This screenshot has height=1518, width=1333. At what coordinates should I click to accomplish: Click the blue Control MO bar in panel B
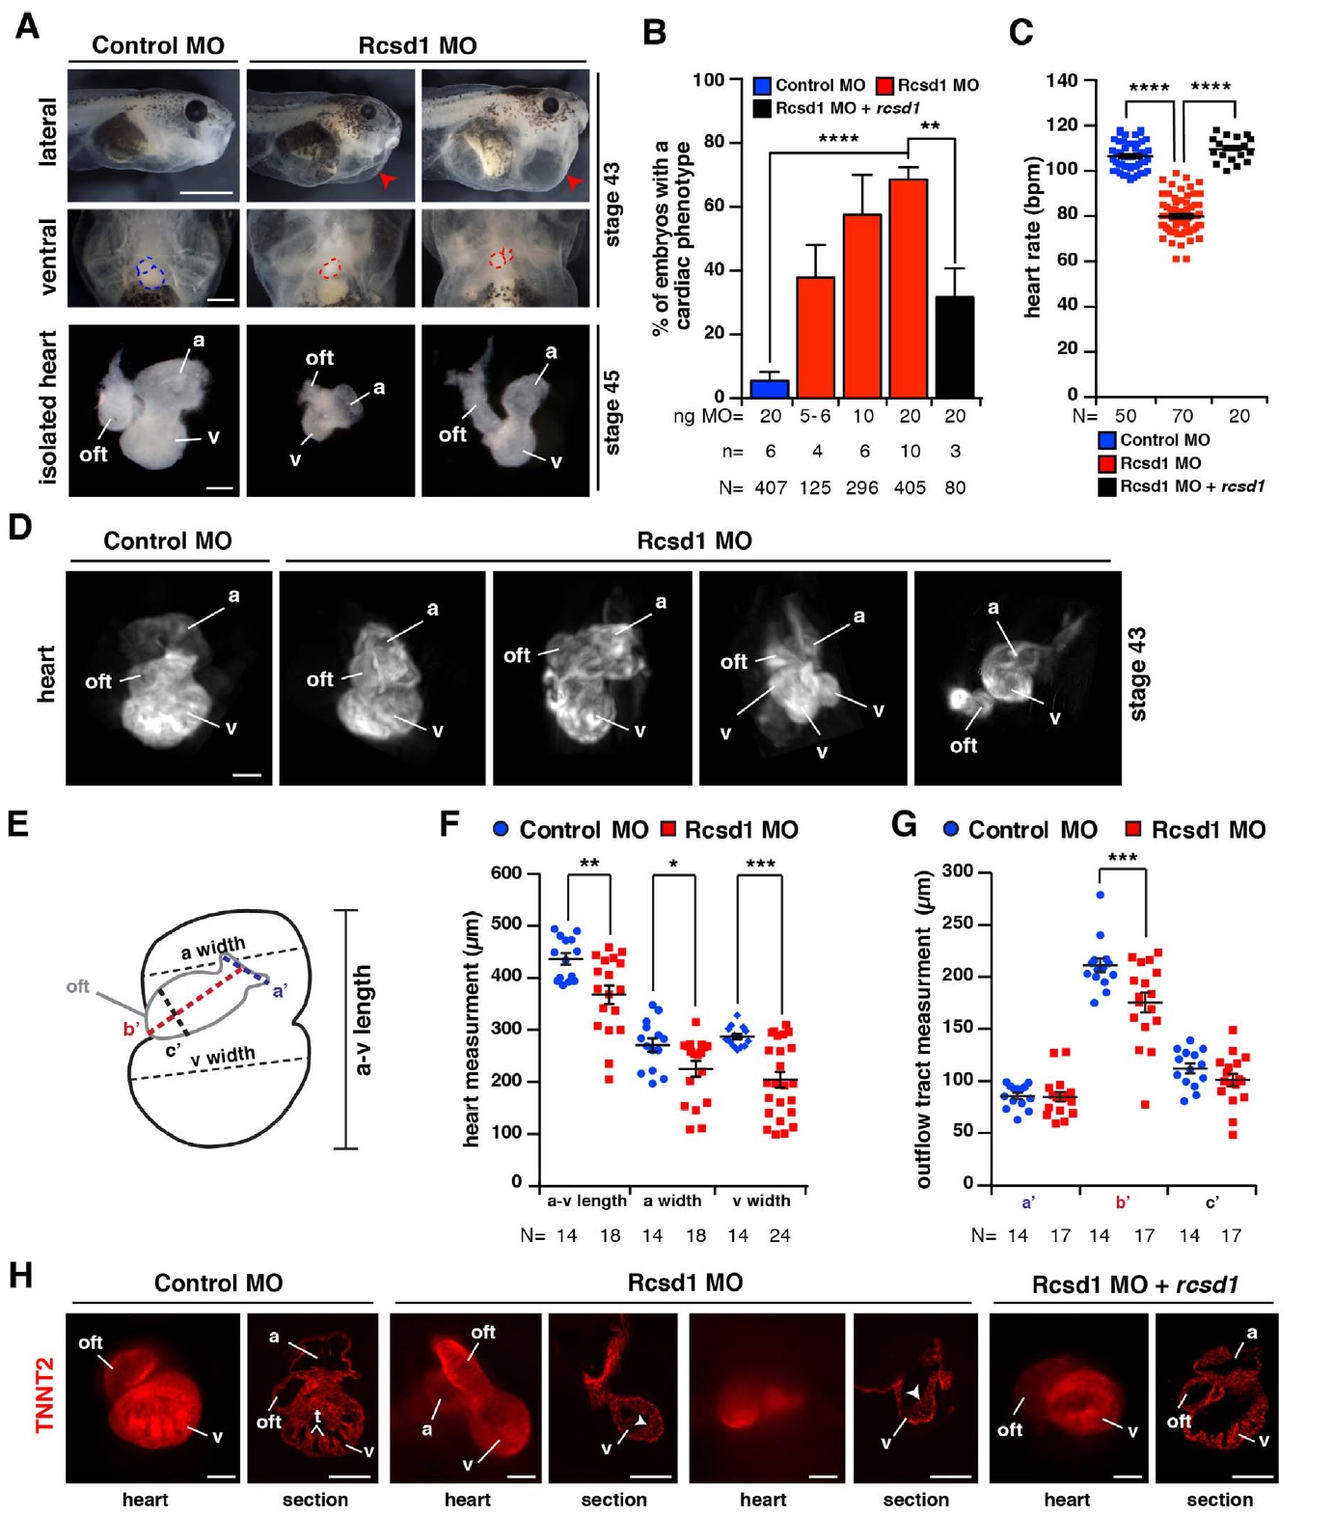click(769, 388)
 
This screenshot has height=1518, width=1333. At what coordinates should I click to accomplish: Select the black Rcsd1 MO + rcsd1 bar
click(954, 346)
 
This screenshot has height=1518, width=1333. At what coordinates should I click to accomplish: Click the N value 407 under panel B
click(771, 488)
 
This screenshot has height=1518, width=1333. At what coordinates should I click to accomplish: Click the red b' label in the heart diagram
click(131, 1029)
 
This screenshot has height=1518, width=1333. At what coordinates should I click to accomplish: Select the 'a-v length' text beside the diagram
click(363, 1020)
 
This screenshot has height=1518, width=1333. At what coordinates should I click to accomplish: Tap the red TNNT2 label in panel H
click(44, 1394)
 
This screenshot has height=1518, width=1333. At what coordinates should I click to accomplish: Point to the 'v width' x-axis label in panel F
click(761, 1201)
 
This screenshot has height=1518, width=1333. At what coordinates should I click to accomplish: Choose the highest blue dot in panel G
click(1100, 895)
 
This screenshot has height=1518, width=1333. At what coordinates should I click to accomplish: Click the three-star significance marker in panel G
click(1122, 858)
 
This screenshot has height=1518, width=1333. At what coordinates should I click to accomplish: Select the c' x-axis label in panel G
click(1211, 1202)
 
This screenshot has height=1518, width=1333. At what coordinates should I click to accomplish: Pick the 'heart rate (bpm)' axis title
click(1033, 236)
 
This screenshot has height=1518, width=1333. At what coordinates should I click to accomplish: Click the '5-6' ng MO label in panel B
click(815, 416)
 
